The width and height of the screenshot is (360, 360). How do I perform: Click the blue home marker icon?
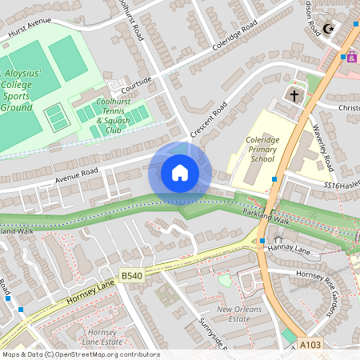point(180,173)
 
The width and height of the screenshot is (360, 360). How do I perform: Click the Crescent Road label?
point(209,118)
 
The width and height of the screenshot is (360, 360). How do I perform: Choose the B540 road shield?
point(131,275)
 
